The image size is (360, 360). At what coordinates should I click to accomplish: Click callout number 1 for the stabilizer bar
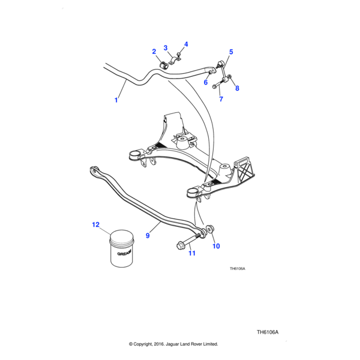coord(116,100)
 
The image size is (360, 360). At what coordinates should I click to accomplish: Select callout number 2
coord(154,52)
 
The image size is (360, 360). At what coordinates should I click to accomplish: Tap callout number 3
coord(166,47)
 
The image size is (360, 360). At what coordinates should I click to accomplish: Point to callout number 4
coord(186,44)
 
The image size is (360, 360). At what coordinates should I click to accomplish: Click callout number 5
coord(231,52)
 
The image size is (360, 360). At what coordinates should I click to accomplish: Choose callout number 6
coord(205,83)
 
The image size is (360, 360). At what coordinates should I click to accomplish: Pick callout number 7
coord(221,99)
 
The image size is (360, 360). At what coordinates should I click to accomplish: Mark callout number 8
coord(237,89)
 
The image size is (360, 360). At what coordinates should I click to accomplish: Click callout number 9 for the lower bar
coord(148,236)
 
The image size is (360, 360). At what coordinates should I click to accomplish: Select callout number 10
coord(217,246)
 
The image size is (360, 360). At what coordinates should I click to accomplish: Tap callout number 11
coord(192,254)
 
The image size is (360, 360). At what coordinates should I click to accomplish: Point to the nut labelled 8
coord(229,76)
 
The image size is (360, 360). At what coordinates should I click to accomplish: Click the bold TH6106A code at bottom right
coord(268,332)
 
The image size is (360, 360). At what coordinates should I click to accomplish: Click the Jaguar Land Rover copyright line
coord(173,344)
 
